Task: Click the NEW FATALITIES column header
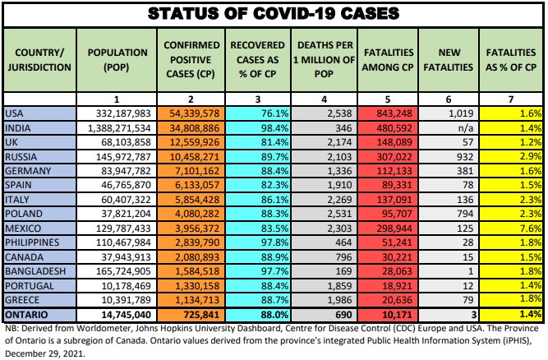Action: pyautogui.click(x=447, y=59)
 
